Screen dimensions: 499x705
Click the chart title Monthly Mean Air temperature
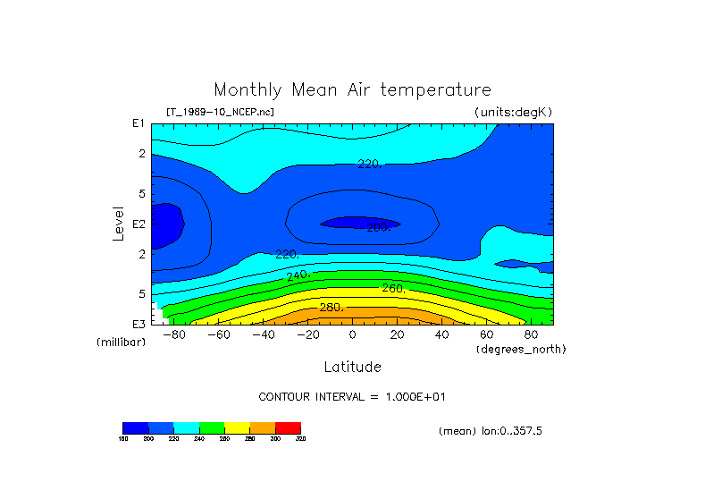coord(352,90)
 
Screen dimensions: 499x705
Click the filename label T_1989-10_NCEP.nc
coord(220,112)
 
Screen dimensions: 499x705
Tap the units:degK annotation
coord(514,112)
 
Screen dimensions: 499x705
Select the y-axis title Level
coord(119,221)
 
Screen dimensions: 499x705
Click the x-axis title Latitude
coord(352,367)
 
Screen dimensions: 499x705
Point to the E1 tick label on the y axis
coord(138,123)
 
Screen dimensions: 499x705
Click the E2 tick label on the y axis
coord(138,224)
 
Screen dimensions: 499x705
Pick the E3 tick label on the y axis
coord(138,323)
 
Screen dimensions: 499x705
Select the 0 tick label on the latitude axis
coord(353,334)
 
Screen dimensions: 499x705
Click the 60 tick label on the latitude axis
coord(487,334)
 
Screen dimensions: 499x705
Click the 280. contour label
coord(332,308)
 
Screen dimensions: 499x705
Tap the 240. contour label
coord(298,275)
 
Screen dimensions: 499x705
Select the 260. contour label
coord(393,288)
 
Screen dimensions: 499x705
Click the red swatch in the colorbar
coord(289,427)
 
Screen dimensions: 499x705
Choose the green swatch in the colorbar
coord(212,427)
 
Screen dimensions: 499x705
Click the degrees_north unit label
coord(521,348)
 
